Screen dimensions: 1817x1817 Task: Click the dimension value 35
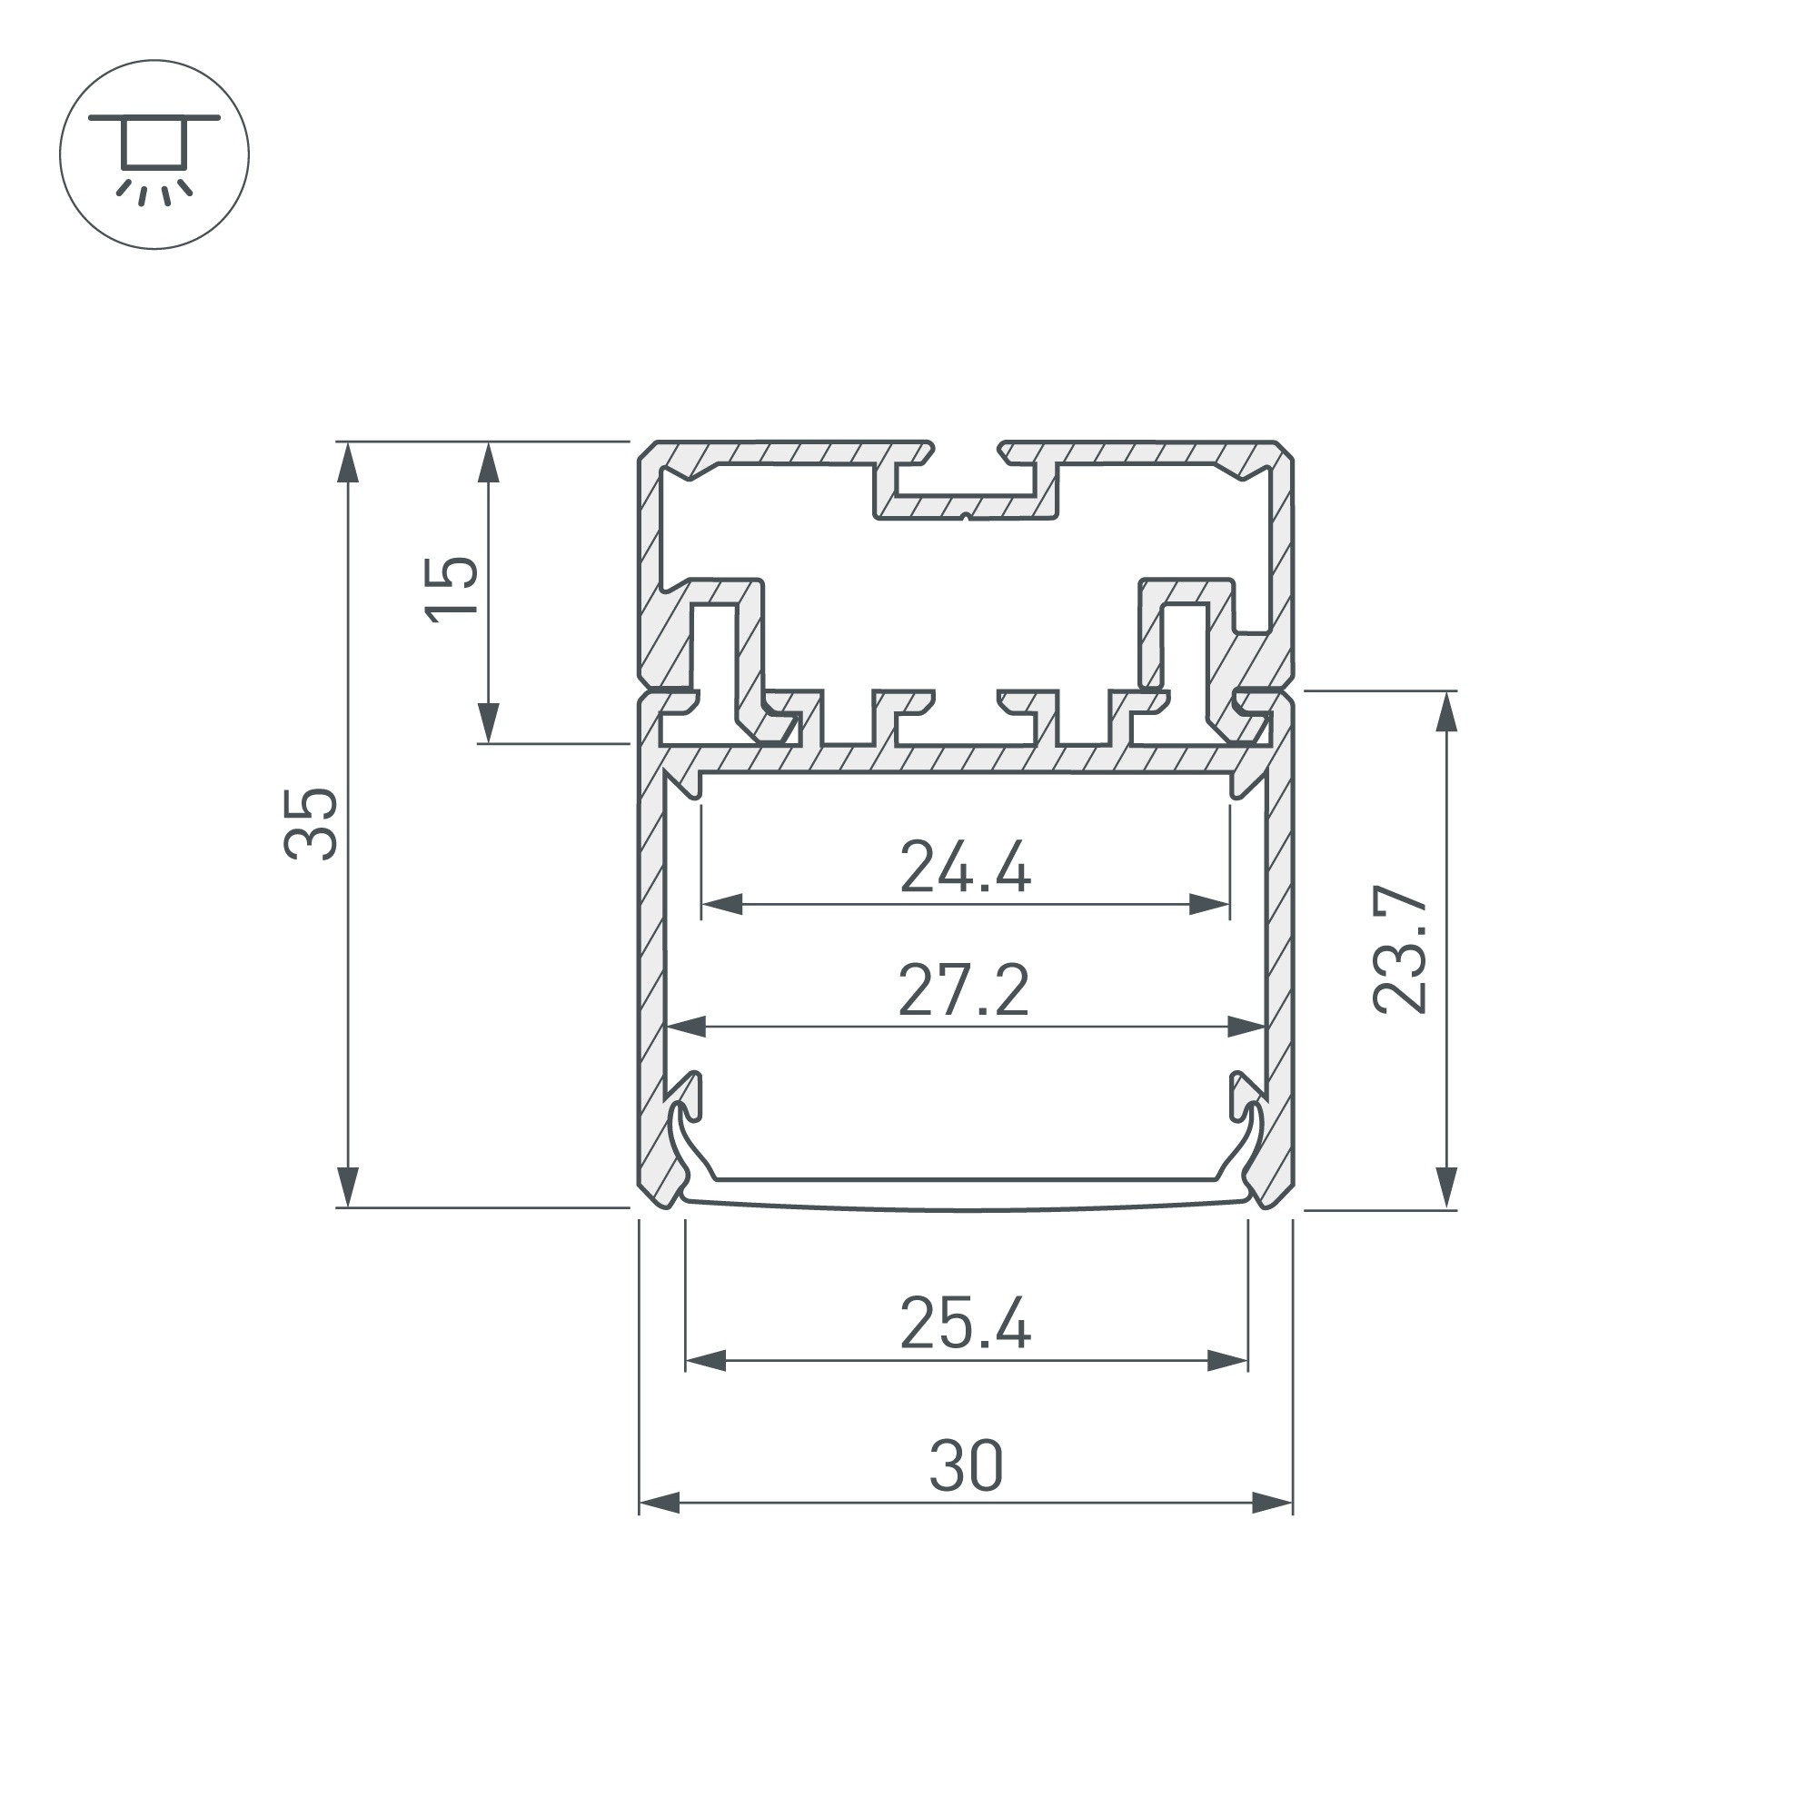311,825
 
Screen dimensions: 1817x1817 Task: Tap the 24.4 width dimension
966,867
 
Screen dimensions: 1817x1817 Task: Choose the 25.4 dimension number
966,1324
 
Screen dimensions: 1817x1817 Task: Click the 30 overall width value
967,1466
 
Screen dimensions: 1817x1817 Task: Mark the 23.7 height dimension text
1400,949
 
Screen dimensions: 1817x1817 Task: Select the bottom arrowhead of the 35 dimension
348,1187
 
